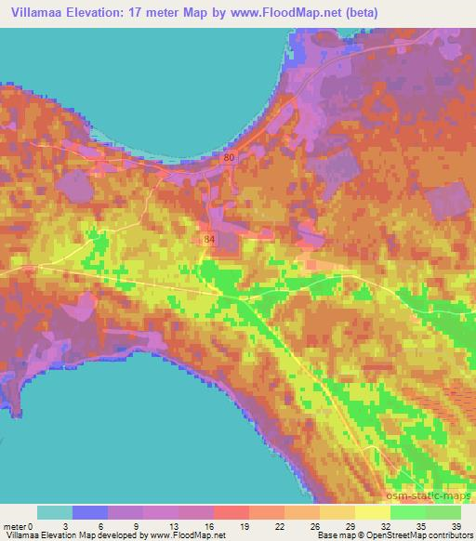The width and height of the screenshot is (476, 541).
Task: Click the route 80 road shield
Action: pyautogui.click(x=230, y=158)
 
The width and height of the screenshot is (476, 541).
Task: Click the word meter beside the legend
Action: pyautogui.click(x=13, y=526)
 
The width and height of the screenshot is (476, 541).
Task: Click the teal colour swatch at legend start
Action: pyautogui.click(x=54, y=512)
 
